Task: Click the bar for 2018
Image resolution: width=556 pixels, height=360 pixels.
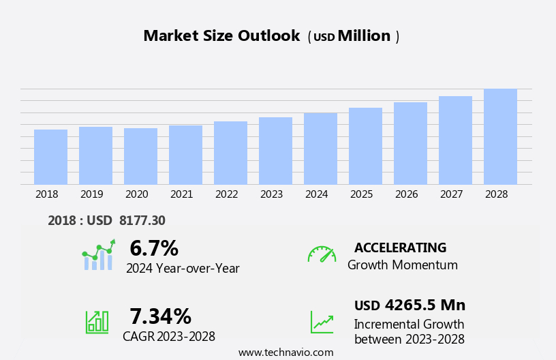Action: click(x=50, y=157)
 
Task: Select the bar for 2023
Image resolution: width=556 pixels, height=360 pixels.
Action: click(x=275, y=151)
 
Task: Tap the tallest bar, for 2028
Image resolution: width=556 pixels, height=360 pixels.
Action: click(x=500, y=136)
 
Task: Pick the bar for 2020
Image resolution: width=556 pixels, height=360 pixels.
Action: click(x=140, y=156)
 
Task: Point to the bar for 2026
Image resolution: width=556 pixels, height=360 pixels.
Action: click(x=410, y=143)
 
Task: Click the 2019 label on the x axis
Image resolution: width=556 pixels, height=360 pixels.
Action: click(x=91, y=194)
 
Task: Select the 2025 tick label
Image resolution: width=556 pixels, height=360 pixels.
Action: click(x=361, y=194)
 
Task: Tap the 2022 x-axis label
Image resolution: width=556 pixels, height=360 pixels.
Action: click(x=226, y=194)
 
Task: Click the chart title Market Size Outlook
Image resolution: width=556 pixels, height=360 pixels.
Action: click(x=221, y=36)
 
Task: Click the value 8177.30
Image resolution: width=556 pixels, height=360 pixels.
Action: click(x=142, y=220)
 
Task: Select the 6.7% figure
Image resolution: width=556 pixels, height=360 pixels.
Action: click(x=154, y=248)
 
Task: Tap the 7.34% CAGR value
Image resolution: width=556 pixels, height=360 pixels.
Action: click(x=160, y=316)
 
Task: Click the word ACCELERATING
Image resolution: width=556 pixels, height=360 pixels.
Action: click(x=400, y=247)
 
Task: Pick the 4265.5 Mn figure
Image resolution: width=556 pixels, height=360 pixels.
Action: click(x=424, y=305)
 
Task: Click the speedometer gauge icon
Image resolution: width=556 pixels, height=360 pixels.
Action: click(x=322, y=254)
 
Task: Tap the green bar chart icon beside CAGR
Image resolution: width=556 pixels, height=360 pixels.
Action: click(x=96, y=321)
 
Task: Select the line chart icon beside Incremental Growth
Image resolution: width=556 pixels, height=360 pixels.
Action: click(x=322, y=322)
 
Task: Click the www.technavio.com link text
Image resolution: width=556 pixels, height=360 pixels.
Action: click(x=285, y=352)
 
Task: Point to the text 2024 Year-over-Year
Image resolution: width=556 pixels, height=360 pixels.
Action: click(x=183, y=269)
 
